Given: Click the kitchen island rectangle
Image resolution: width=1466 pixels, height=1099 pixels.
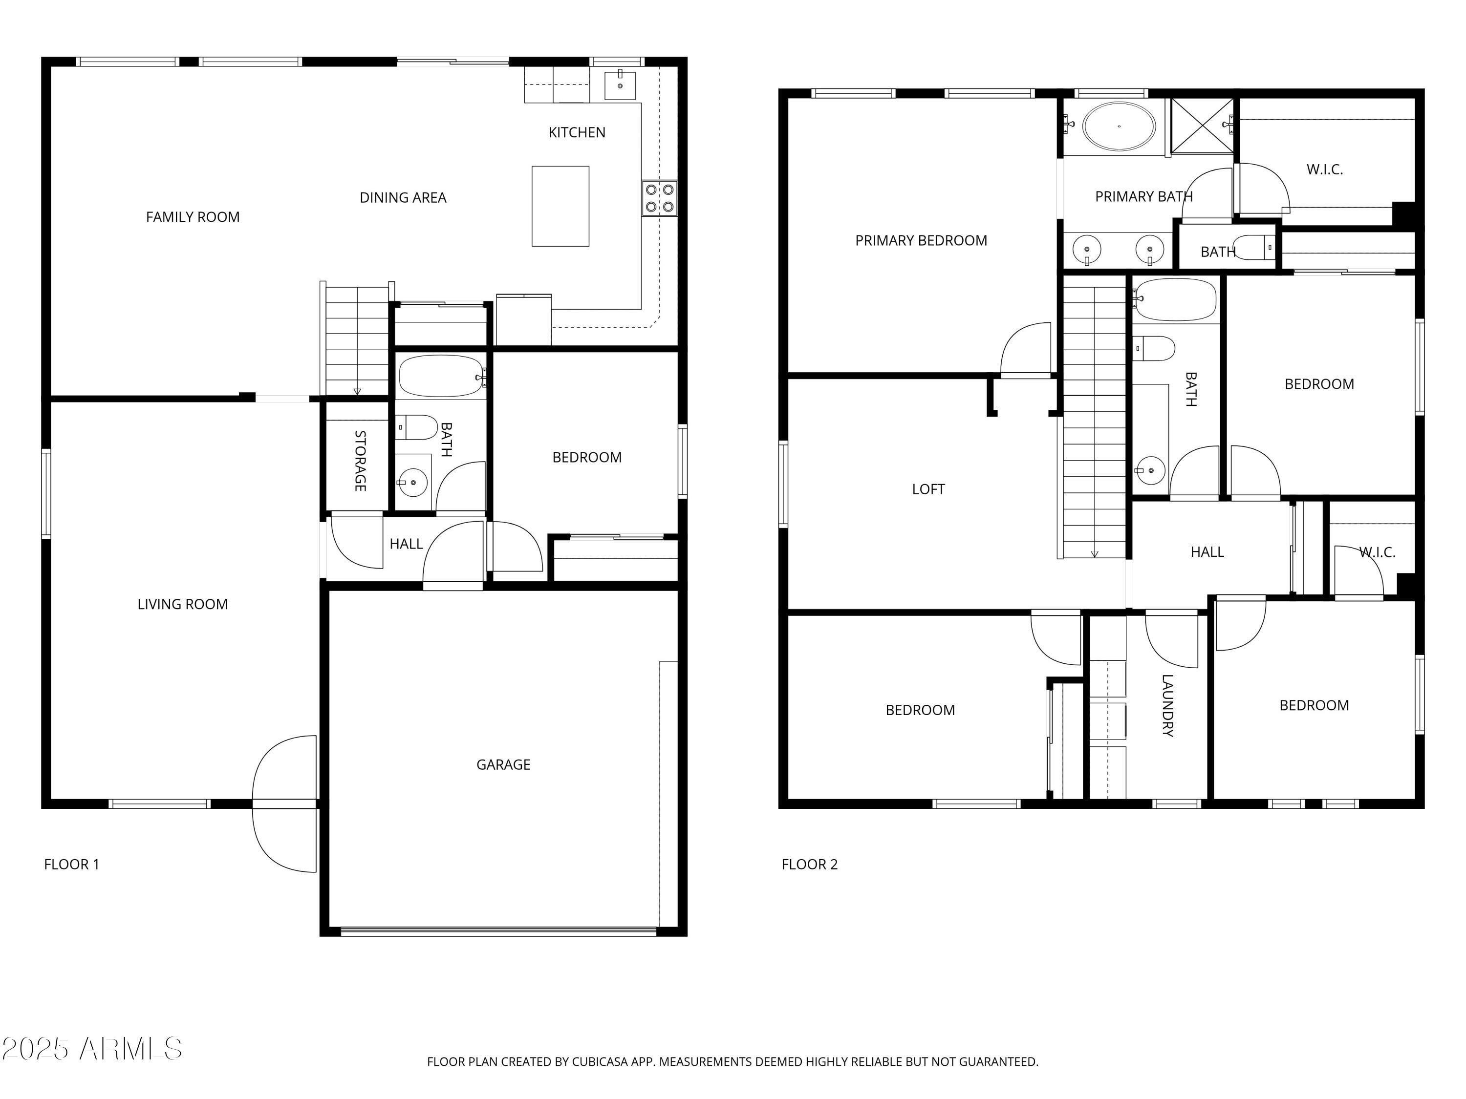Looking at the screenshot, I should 560,206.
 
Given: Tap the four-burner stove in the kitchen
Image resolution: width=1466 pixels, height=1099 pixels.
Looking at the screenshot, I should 659,197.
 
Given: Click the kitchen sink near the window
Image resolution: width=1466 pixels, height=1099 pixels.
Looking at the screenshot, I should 620,85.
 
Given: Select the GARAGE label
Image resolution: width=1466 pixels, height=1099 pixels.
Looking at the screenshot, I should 503,764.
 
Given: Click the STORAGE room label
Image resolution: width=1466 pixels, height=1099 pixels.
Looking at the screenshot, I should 360,461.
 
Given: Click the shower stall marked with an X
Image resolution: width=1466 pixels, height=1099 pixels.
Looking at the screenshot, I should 1202,126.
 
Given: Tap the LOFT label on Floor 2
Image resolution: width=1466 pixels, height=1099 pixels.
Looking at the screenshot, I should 928,489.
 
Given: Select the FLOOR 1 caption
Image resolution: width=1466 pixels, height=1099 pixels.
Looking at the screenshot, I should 71,864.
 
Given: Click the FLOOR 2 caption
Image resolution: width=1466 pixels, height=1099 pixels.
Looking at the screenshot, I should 809,864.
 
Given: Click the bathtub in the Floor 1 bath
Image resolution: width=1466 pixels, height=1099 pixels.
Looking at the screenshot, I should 441,376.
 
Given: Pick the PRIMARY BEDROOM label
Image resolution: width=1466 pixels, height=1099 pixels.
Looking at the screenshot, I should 921,240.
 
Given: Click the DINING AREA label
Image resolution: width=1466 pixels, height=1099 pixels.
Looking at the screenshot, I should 403,197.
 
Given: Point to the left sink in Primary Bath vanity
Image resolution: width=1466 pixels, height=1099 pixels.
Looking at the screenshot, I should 1087,250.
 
